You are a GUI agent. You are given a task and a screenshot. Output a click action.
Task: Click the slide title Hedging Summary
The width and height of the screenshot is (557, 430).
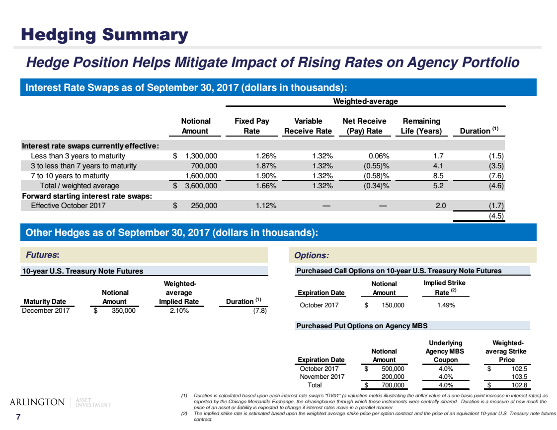[104, 35]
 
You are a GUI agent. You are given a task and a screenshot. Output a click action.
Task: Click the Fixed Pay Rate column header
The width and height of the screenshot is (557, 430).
[252, 126]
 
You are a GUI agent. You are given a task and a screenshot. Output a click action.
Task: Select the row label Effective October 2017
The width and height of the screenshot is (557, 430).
[68, 206]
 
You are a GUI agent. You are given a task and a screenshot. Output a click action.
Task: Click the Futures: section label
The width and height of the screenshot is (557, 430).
[42, 255]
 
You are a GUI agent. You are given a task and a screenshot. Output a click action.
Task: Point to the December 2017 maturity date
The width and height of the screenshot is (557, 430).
[46, 311]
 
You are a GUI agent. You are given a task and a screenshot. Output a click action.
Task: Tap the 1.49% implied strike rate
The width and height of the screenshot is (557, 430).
[445, 305]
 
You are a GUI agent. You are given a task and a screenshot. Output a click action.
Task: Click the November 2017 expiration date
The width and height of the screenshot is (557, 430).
[322, 377]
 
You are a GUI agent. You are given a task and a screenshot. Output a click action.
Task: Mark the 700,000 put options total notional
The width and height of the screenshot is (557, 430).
[392, 385]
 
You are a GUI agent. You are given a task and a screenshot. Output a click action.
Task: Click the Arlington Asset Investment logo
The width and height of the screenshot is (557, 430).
[60, 402]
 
